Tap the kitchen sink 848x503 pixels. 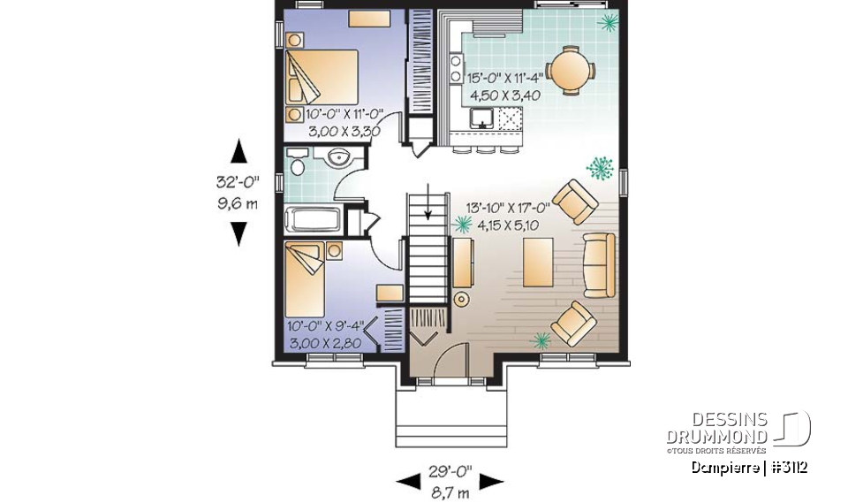click(482, 118)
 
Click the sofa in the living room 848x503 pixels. click(600, 265)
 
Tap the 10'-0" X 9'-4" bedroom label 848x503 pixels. click(324, 326)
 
